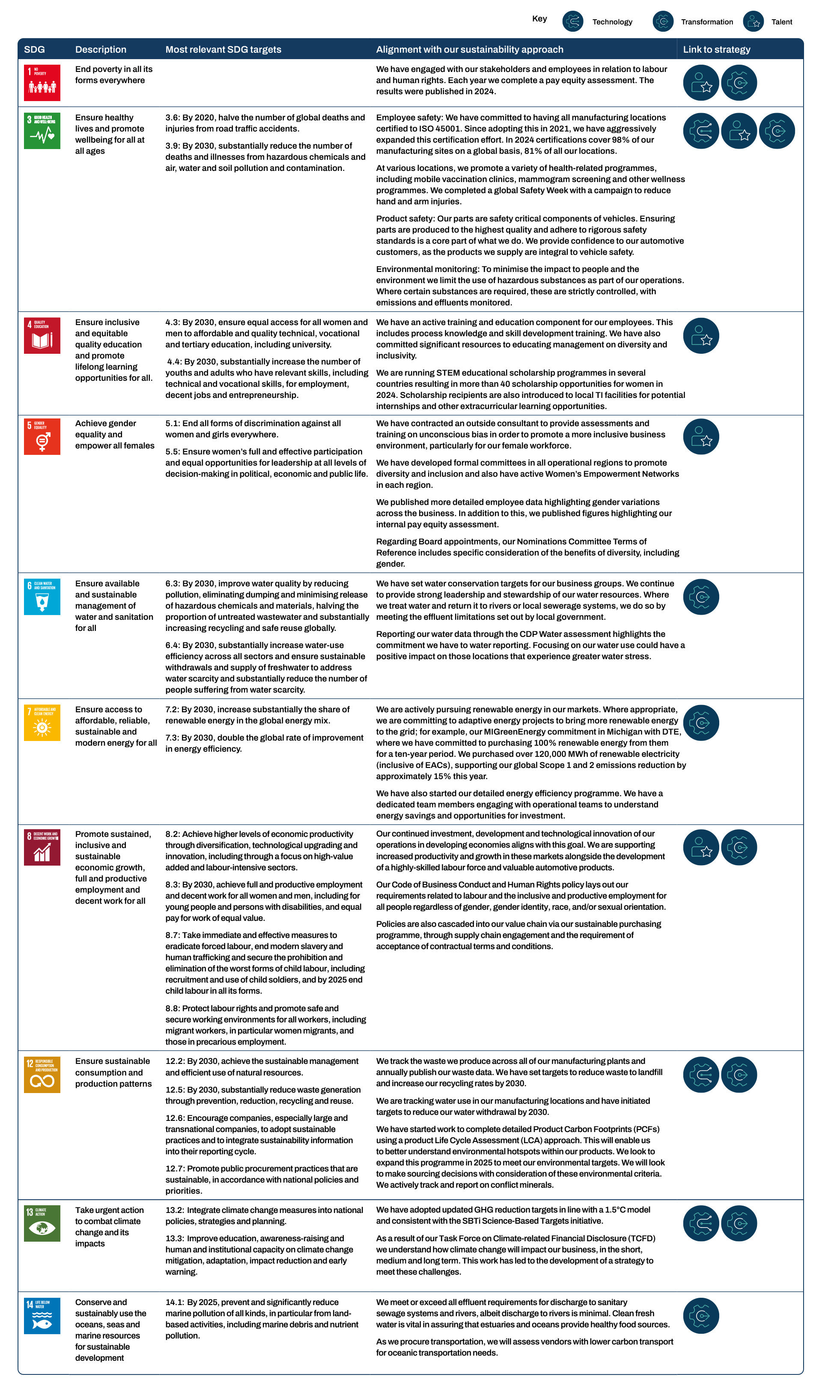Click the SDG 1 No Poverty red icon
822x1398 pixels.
click(42, 83)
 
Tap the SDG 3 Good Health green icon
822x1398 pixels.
click(42, 131)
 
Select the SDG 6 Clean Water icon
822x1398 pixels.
click(42, 597)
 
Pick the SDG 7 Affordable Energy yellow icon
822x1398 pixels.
click(42, 723)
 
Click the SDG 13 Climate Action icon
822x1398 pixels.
click(42, 1224)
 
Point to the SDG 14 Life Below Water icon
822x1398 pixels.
click(42, 1316)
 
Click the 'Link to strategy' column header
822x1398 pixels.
click(716, 49)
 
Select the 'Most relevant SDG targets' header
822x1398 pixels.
click(223, 49)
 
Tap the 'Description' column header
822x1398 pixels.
click(100, 49)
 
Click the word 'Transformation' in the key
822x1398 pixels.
click(707, 22)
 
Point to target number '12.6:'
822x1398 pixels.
click(175, 1118)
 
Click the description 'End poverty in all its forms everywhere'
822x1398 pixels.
click(114, 75)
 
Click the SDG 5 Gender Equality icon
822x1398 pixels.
click(42, 436)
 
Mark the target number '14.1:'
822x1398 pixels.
click(175, 1302)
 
